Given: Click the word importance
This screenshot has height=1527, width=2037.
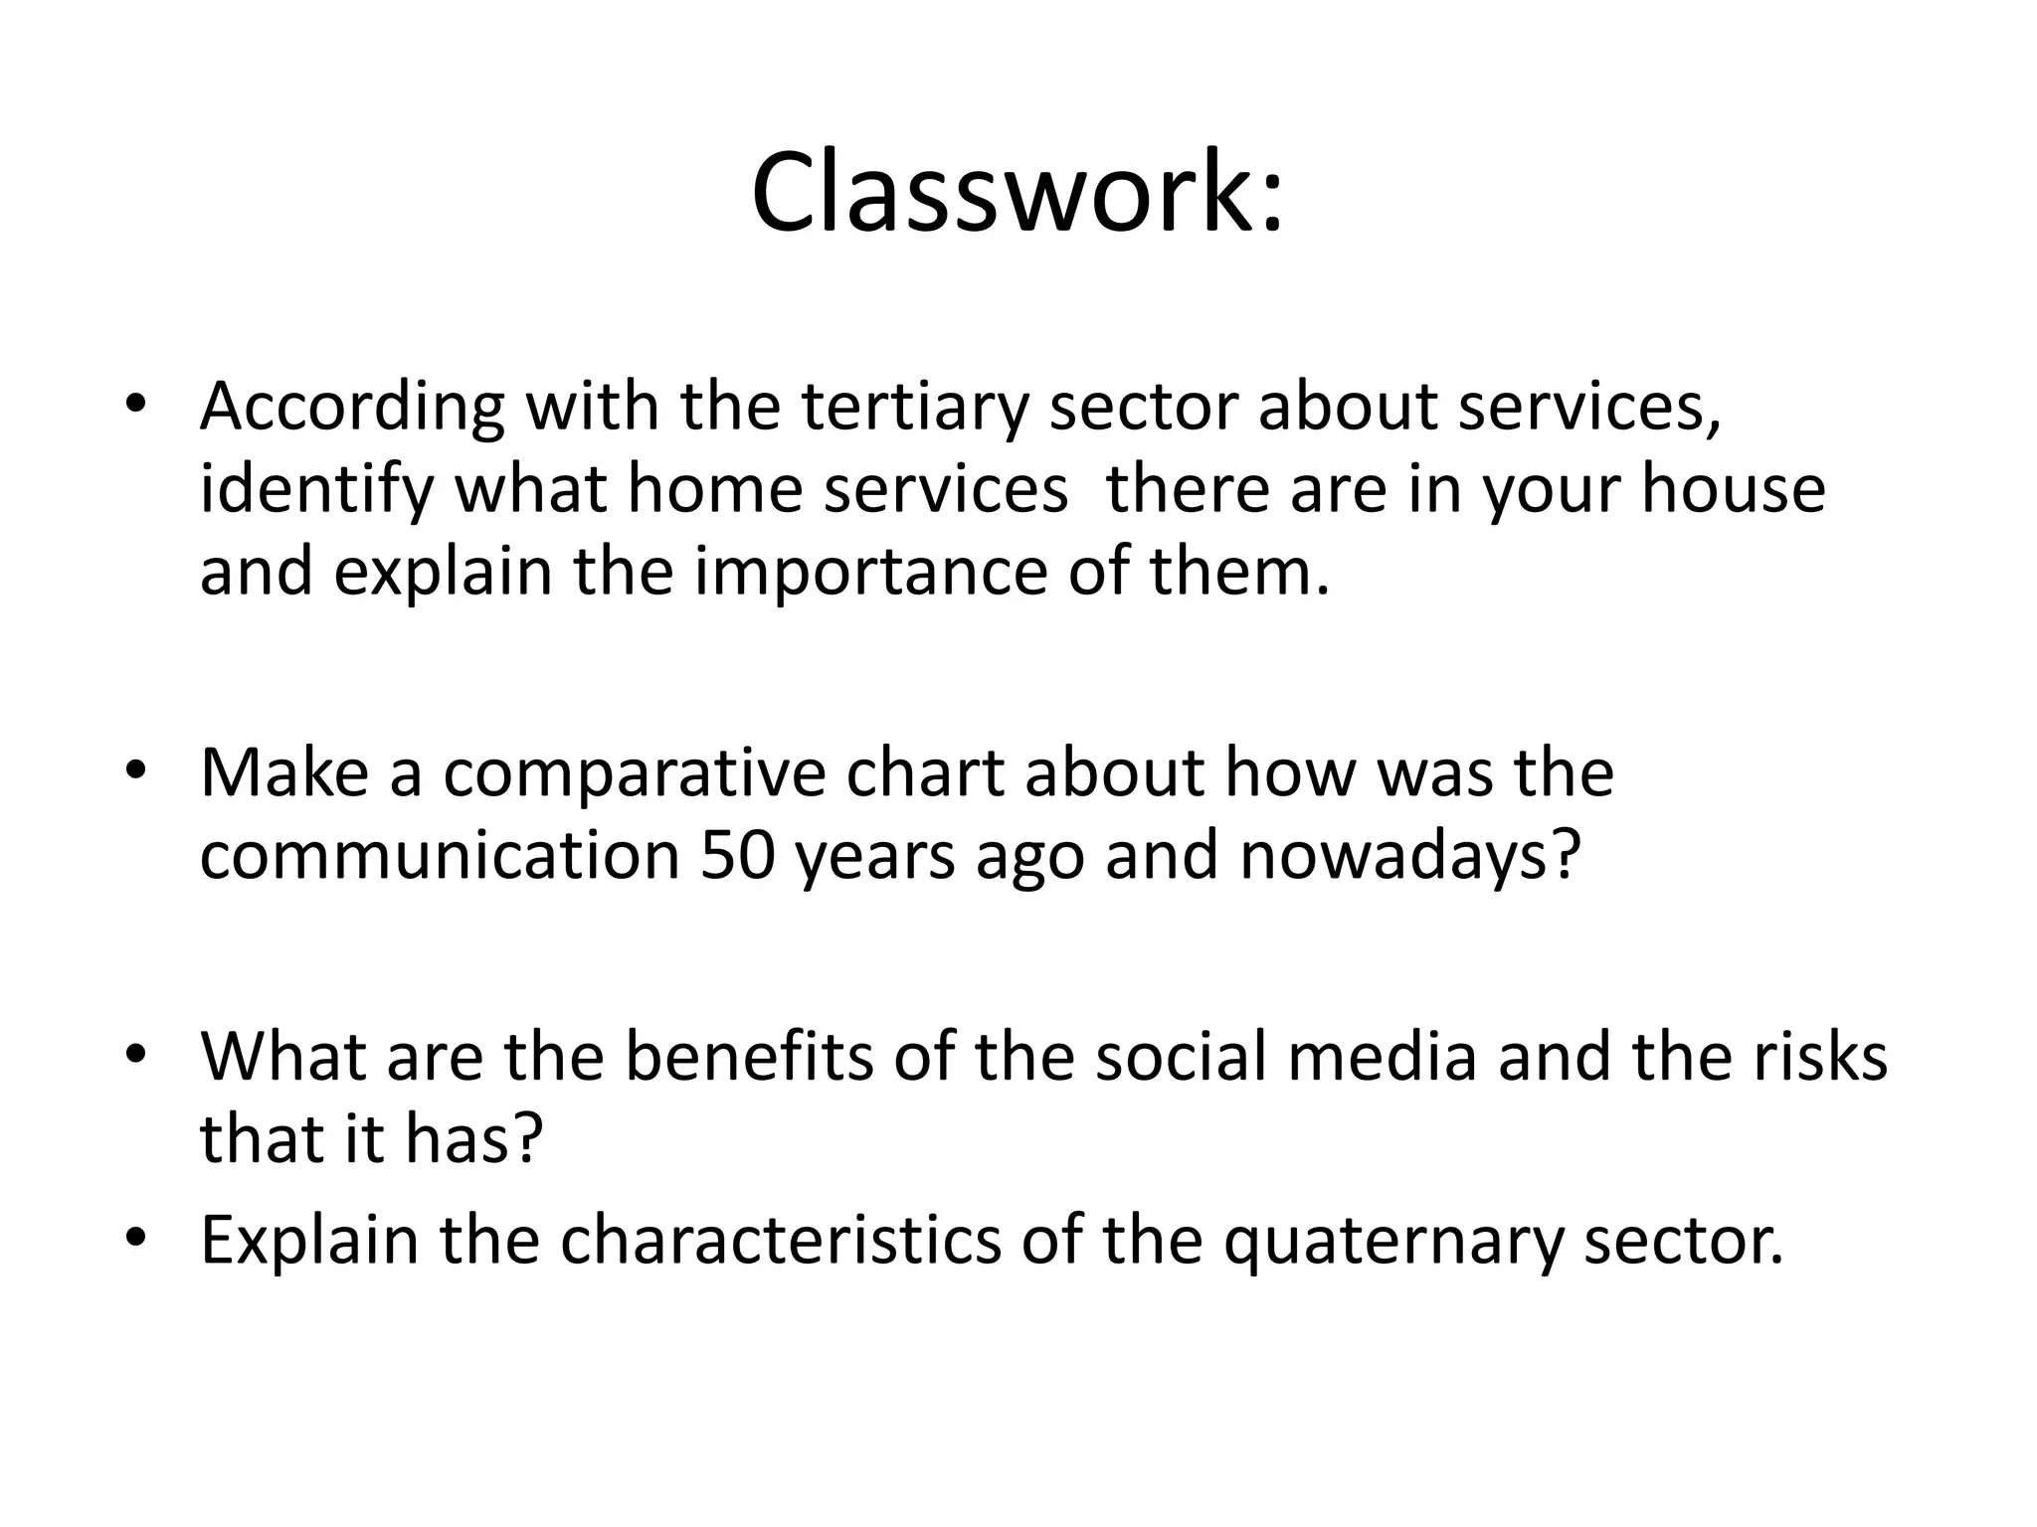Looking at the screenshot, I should (870, 574).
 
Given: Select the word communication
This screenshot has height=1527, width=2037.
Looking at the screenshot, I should (440, 855).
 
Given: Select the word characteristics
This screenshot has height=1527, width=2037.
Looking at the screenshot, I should (780, 1240).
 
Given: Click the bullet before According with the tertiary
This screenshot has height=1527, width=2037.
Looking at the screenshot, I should (136, 405).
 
